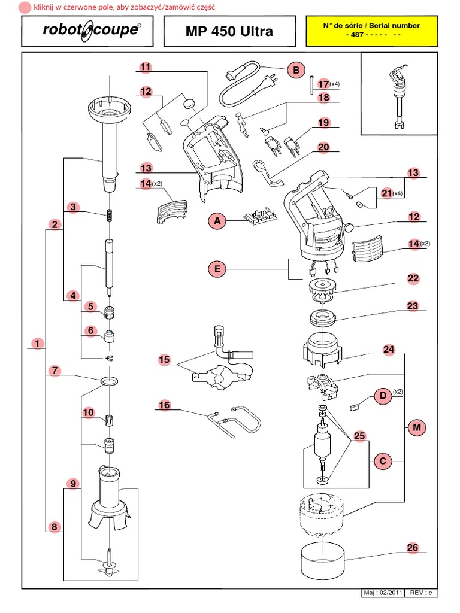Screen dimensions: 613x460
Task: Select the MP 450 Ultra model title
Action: [229, 31]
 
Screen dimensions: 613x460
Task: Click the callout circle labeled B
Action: [295, 71]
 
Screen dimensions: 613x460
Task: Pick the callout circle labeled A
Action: [217, 221]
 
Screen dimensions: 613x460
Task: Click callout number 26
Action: [412, 547]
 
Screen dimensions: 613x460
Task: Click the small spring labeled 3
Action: [110, 215]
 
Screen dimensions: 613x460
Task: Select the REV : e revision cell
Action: [423, 593]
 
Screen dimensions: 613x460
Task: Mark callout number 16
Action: [164, 405]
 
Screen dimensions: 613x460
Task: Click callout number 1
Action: [38, 344]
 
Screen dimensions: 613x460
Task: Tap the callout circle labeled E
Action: [217, 270]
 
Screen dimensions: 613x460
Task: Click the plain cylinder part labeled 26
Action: [322, 557]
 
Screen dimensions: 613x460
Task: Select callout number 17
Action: [323, 84]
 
